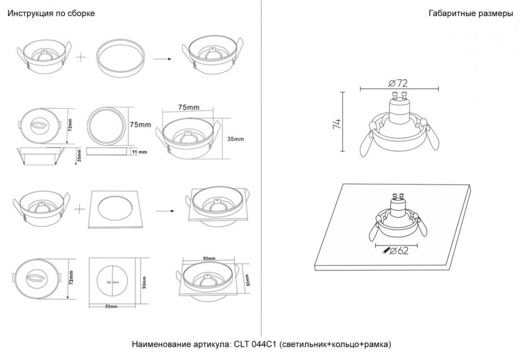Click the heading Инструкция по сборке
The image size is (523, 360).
point(51,13)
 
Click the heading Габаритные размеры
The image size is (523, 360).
point(471,13)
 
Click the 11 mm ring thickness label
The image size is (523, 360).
point(139,153)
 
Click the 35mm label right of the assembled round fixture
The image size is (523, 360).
point(235,139)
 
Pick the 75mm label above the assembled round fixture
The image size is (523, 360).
point(189,107)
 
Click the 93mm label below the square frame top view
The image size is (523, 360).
point(112,307)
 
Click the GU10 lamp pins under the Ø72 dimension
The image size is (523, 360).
point(399,97)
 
